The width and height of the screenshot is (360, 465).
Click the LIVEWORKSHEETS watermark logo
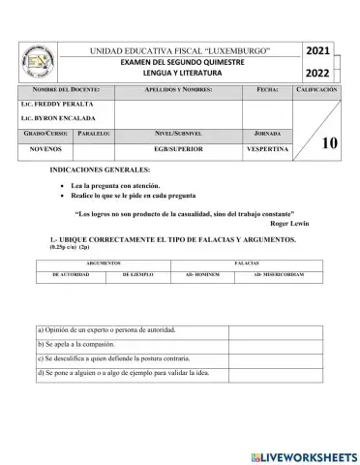point(302,454)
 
